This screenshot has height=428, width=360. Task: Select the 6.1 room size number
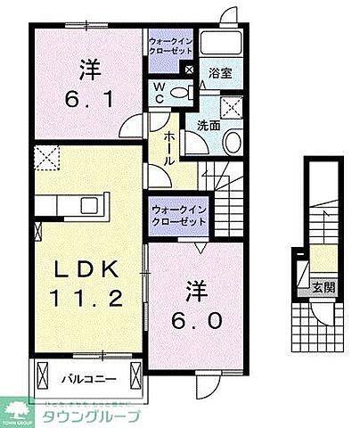(x=86, y=96)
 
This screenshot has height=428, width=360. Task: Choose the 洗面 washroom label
(x=209, y=126)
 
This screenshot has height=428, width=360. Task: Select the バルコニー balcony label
(x=85, y=378)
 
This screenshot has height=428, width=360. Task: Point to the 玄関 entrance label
(x=322, y=287)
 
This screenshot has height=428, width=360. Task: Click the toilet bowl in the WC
(x=181, y=92)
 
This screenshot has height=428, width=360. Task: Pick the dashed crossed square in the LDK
(x=45, y=160)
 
